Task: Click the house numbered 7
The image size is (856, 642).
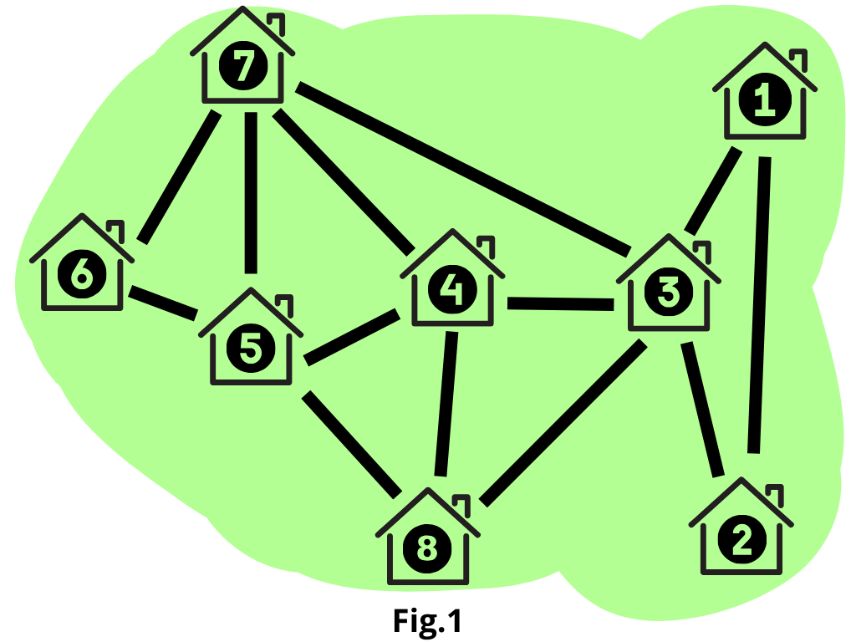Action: [x=242, y=67]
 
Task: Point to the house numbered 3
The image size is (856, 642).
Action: [x=669, y=292]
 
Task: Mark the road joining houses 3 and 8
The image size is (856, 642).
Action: [x=564, y=423]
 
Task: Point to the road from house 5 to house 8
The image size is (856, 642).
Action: [x=351, y=441]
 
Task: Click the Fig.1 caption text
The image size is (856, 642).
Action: [x=426, y=621]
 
